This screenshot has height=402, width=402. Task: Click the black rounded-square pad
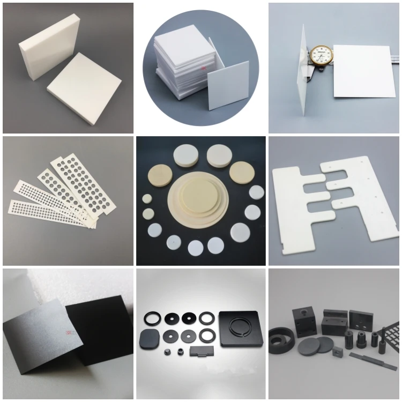point(148,338)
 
